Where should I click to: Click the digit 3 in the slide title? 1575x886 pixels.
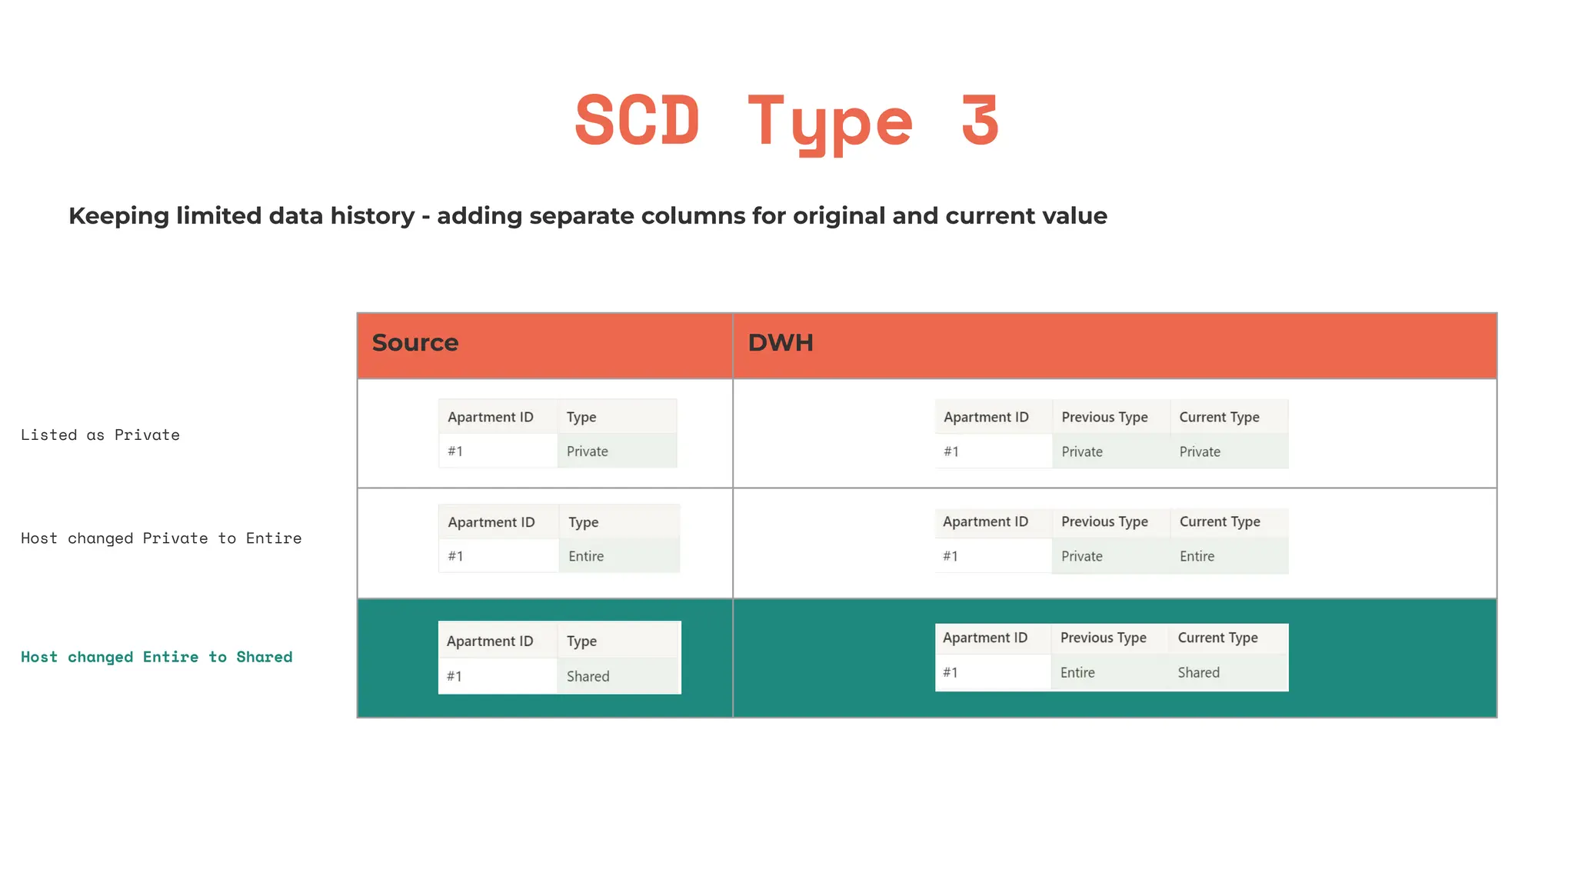click(980, 121)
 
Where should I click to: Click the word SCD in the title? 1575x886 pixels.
click(638, 121)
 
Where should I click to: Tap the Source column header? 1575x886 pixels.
click(415, 343)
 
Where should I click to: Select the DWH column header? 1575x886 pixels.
click(781, 343)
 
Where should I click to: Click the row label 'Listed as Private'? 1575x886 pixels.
click(100, 435)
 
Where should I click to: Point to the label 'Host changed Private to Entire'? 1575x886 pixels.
click(161, 538)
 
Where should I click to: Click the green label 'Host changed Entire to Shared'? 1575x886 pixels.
click(157, 657)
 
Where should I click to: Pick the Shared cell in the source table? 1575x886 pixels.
click(588, 677)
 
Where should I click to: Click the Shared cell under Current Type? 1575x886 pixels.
click(1198, 673)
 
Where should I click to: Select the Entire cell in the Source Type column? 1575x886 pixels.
click(586, 556)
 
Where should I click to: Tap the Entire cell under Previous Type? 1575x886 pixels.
click(1077, 673)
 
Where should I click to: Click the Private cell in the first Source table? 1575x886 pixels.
click(587, 451)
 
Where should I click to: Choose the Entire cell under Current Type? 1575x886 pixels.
click(1197, 556)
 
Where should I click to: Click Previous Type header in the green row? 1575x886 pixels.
click(1103, 638)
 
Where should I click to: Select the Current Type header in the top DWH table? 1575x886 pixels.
click(1219, 417)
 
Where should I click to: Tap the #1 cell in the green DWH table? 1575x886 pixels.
click(951, 673)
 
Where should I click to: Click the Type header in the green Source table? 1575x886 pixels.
click(581, 641)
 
